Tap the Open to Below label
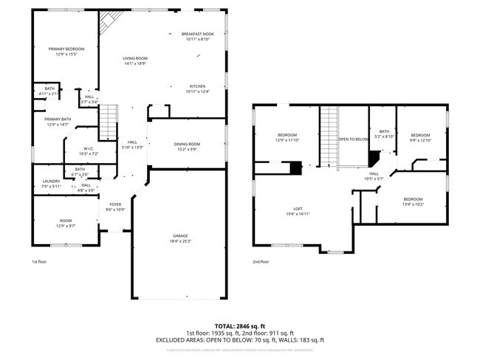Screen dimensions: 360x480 click(x=353, y=139)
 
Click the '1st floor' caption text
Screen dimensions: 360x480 click(x=40, y=261)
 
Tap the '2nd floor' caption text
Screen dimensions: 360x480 click(x=261, y=261)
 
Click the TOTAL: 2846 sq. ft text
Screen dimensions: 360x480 click(x=239, y=325)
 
